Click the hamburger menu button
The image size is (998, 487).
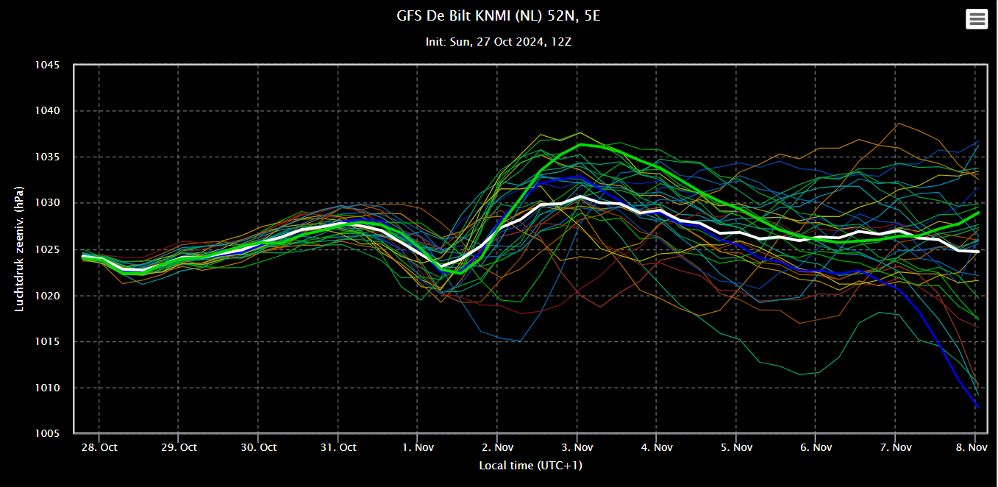pos(977,19)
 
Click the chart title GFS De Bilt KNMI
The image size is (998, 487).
pos(498,15)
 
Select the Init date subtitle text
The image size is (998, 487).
pos(498,41)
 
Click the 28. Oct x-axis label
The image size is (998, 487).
pos(99,447)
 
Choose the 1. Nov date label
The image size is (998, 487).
pos(418,447)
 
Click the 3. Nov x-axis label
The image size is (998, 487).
pos(577,447)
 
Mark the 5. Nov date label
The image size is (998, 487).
pos(736,447)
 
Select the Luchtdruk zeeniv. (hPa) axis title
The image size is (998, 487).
pos(19,249)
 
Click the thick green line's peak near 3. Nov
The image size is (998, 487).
pos(581,144)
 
